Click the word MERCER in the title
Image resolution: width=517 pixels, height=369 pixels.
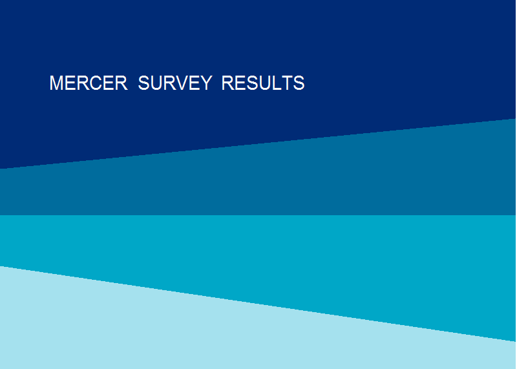tap(89, 83)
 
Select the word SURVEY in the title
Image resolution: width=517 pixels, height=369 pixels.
tap(175, 83)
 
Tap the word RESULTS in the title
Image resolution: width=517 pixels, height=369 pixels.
tap(263, 83)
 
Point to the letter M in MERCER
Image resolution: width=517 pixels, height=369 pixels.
tap(56, 83)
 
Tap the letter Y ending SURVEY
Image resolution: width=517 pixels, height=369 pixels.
tap(205, 83)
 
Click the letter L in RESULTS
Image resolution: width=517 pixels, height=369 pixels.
tap(273, 83)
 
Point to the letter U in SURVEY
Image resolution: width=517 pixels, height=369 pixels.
tap(158, 83)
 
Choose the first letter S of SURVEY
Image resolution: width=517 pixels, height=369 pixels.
tap(144, 83)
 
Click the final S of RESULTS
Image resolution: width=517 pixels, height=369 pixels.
tap(299, 83)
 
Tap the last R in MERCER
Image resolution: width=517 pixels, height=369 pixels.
tap(121, 83)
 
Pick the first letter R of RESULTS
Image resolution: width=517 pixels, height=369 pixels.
tap(228, 83)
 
